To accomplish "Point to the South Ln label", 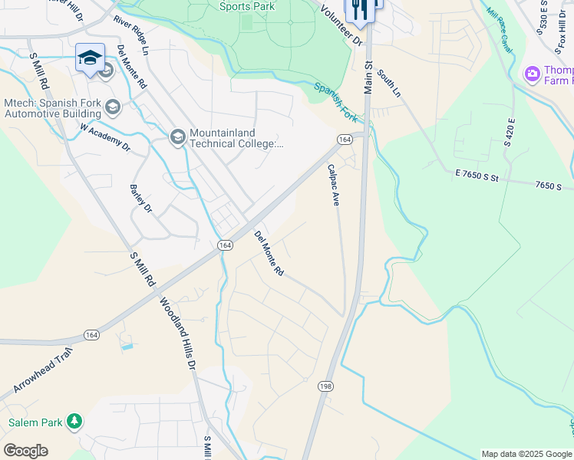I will coord(390,84).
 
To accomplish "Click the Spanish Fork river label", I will coord(335,102).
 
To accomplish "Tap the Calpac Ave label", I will coord(334,185).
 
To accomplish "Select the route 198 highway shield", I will coord(324,387).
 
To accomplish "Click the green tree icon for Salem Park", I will coord(74,421).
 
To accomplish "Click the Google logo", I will coord(25,450).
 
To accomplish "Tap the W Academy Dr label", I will coord(106,136).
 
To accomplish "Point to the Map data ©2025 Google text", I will coord(526,454).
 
